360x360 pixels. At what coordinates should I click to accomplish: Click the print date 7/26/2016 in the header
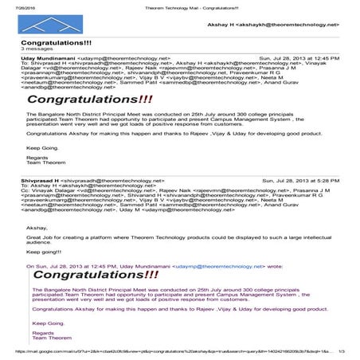(14, 5)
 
